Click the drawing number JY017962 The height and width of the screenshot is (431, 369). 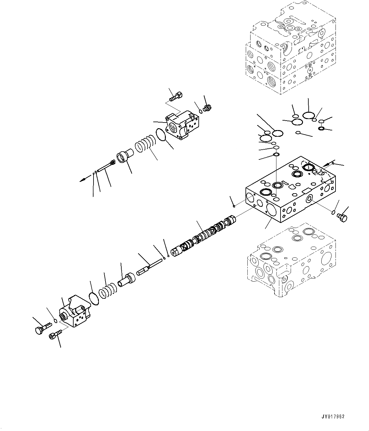[x=333, y=416]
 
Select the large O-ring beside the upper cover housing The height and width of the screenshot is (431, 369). [x=161, y=134]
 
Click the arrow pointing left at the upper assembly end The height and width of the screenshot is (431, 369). [x=83, y=180]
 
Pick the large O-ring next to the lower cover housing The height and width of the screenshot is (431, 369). [x=94, y=299]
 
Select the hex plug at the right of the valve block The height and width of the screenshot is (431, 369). [x=342, y=217]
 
